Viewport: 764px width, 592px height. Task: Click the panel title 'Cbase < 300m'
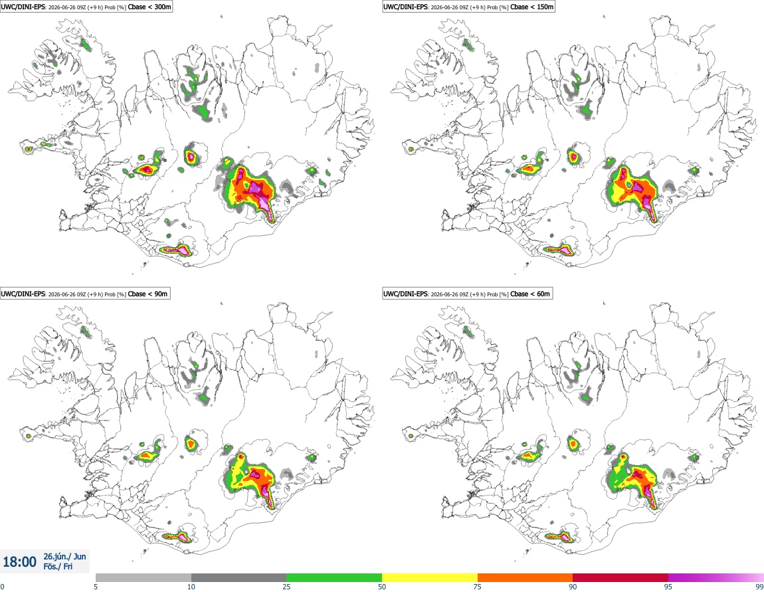(x=149, y=7)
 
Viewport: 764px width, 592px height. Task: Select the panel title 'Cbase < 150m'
(x=532, y=7)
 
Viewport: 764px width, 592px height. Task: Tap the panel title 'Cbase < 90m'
(x=147, y=294)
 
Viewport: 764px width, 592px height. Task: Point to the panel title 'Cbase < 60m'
(x=530, y=294)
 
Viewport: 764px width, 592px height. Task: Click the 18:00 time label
(x=19, y=562)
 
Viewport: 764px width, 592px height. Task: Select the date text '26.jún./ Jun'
(x=65, y=556)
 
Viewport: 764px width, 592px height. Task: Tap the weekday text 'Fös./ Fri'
(x=58, y=567)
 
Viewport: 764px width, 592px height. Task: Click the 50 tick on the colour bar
(x=382, y=587)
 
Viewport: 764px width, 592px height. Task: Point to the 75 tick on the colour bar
(x=478, y=587)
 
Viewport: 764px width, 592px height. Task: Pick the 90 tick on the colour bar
(x=573, y=587)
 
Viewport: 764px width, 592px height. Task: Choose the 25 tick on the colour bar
(x=286, y=587)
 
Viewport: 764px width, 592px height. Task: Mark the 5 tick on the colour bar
(x=96, y=587)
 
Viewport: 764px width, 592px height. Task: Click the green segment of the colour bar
(x=334, y=577)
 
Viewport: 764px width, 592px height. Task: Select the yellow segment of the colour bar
(x=430, y=577)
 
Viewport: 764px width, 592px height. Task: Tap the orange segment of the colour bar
(x=525, y=577)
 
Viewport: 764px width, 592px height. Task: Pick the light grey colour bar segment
(x=143, y=577)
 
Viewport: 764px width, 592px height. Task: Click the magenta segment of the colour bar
(x=716, y=577)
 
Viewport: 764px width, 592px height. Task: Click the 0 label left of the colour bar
(x=2, y=587)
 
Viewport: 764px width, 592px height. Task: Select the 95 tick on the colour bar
(x=668, y=587)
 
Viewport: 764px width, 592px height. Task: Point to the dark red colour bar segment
(x=621, y=577)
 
